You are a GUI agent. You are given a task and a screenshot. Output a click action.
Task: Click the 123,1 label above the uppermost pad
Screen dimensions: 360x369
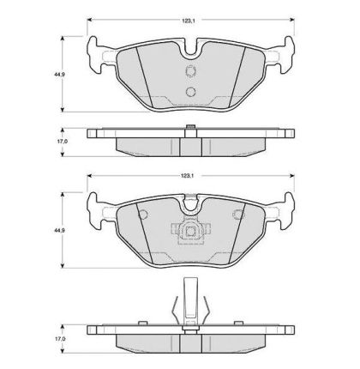pyautogui.click(x=188, y=21)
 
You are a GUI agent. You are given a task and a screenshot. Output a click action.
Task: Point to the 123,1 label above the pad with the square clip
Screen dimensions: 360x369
pyautogui.click(x=188, y=176)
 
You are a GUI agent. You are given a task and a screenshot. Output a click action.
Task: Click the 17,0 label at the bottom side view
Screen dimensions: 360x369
pyautogui.click(x=60, y=339)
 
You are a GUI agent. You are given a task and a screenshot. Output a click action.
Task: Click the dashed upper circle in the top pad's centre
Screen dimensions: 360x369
pyautogui.click(x=190, y=70)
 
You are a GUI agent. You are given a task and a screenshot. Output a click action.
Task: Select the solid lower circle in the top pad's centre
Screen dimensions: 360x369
pyautogui.click(x=190, y=92)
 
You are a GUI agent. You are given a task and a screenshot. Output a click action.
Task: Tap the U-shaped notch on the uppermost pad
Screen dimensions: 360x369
pyautogui.click(x=191, y=49)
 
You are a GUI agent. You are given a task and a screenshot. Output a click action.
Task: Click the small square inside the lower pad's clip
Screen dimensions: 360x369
pyautogui.click(x=190, y=231)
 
